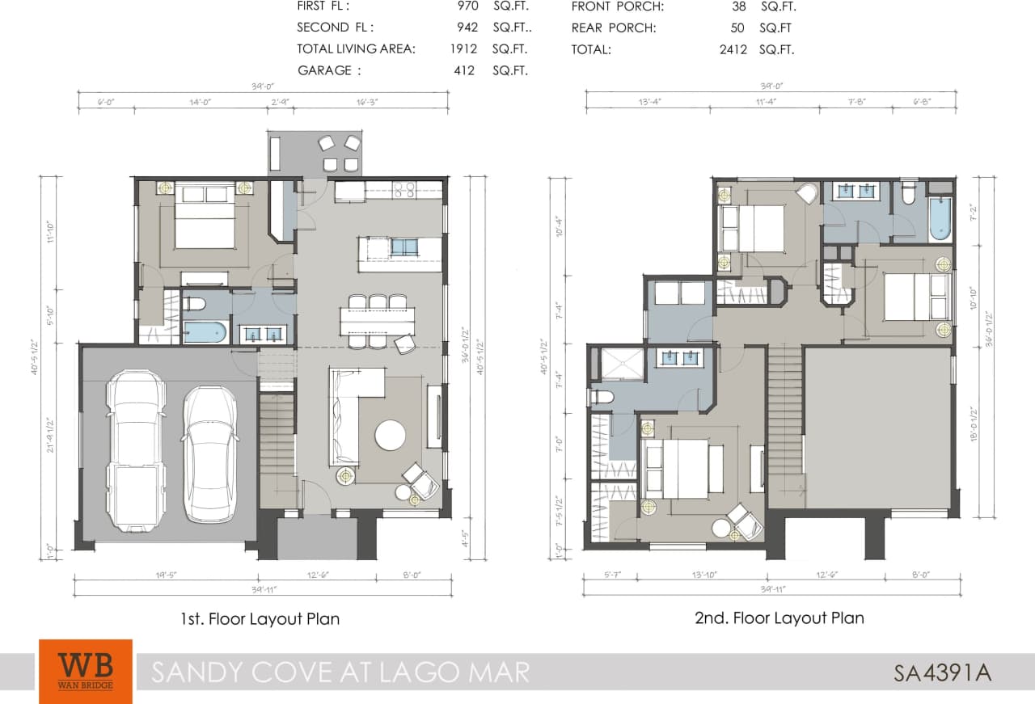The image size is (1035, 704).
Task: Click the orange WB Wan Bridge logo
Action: [x=85, y=671]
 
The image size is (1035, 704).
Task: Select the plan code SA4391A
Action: [x=942, y=672]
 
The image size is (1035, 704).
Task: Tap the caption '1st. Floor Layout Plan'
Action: [x=260, y=619]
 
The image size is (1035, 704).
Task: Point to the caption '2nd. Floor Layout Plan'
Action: [x=779, y=618]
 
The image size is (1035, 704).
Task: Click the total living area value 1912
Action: [x=464, y=49]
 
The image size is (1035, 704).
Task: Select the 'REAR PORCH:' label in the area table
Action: [x=614, y=27]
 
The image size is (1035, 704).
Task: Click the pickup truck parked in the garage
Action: [x=137, y=450]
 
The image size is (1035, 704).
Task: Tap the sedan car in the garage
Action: [x=209, y=453]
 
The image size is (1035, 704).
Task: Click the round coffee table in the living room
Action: [x=391, y=435]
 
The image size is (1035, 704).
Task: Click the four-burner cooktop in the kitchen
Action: [x=404, y=191]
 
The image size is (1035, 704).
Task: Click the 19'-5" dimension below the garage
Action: [x=167, y=575]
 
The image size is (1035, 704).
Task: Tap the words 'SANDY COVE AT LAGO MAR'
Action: [x=340, y=672]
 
